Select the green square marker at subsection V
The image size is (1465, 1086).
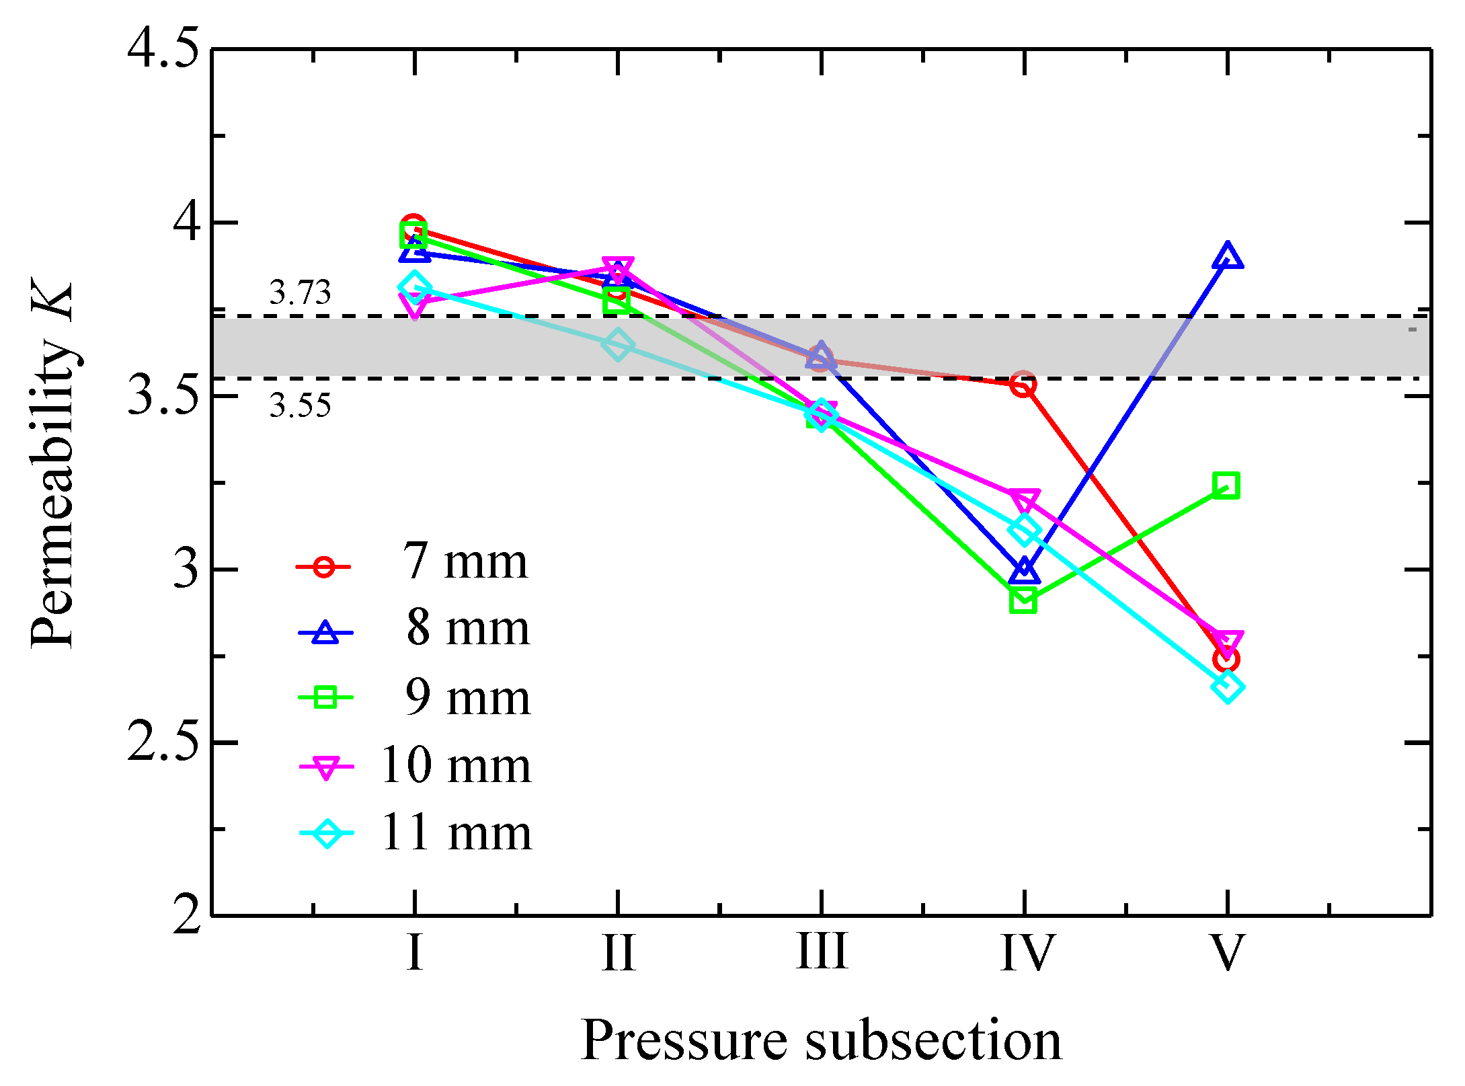[x=1226, y=485]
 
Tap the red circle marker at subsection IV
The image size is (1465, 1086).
[x=1023, y=384]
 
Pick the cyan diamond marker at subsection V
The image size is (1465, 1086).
[x=1228, y=687]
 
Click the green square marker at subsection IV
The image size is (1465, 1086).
[x=1023, y=600]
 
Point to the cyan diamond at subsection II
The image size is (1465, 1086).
[x=617, y=345]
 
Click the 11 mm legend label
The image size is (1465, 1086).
[x=456, y=833]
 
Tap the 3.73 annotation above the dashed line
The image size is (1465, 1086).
[x=300, y=293]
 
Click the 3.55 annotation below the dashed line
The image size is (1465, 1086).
[x=300, y=405]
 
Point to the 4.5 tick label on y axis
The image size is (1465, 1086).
[x=163, y=49]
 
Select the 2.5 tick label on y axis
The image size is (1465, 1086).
[x=163, y=742]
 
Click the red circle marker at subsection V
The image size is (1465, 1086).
[x=1226, y=660]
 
